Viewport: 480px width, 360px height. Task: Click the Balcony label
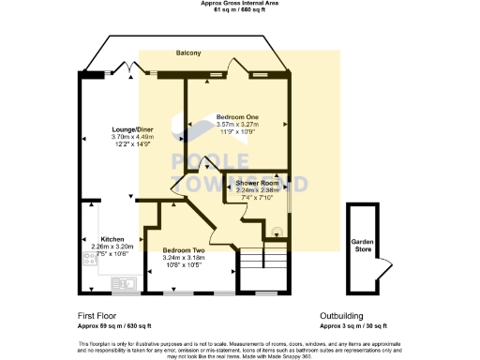[x=188, y=53]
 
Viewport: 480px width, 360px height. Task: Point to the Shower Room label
[x=257, y=181]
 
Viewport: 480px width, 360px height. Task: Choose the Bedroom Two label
[x=183, y=250]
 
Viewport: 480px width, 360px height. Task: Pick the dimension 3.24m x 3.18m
[x=183, y=258]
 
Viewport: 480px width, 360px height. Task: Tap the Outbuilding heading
[x=341, y=316]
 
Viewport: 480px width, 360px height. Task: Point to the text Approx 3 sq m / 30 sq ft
[x=352, y=324]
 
